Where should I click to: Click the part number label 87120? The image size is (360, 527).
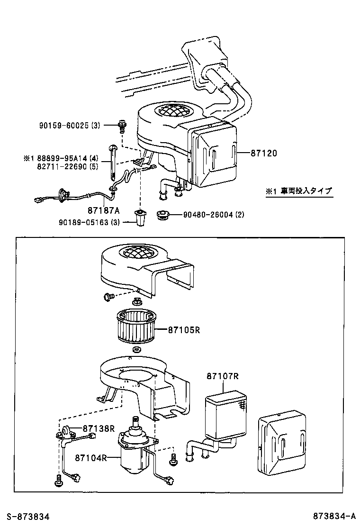tap(263, 153)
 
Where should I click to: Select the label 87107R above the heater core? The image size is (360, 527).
tap(222, 376)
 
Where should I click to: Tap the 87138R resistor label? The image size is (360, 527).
tap(99, 428)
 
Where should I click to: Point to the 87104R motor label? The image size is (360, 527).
tap(90, 457)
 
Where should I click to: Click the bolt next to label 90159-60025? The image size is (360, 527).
tap(122, 126)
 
